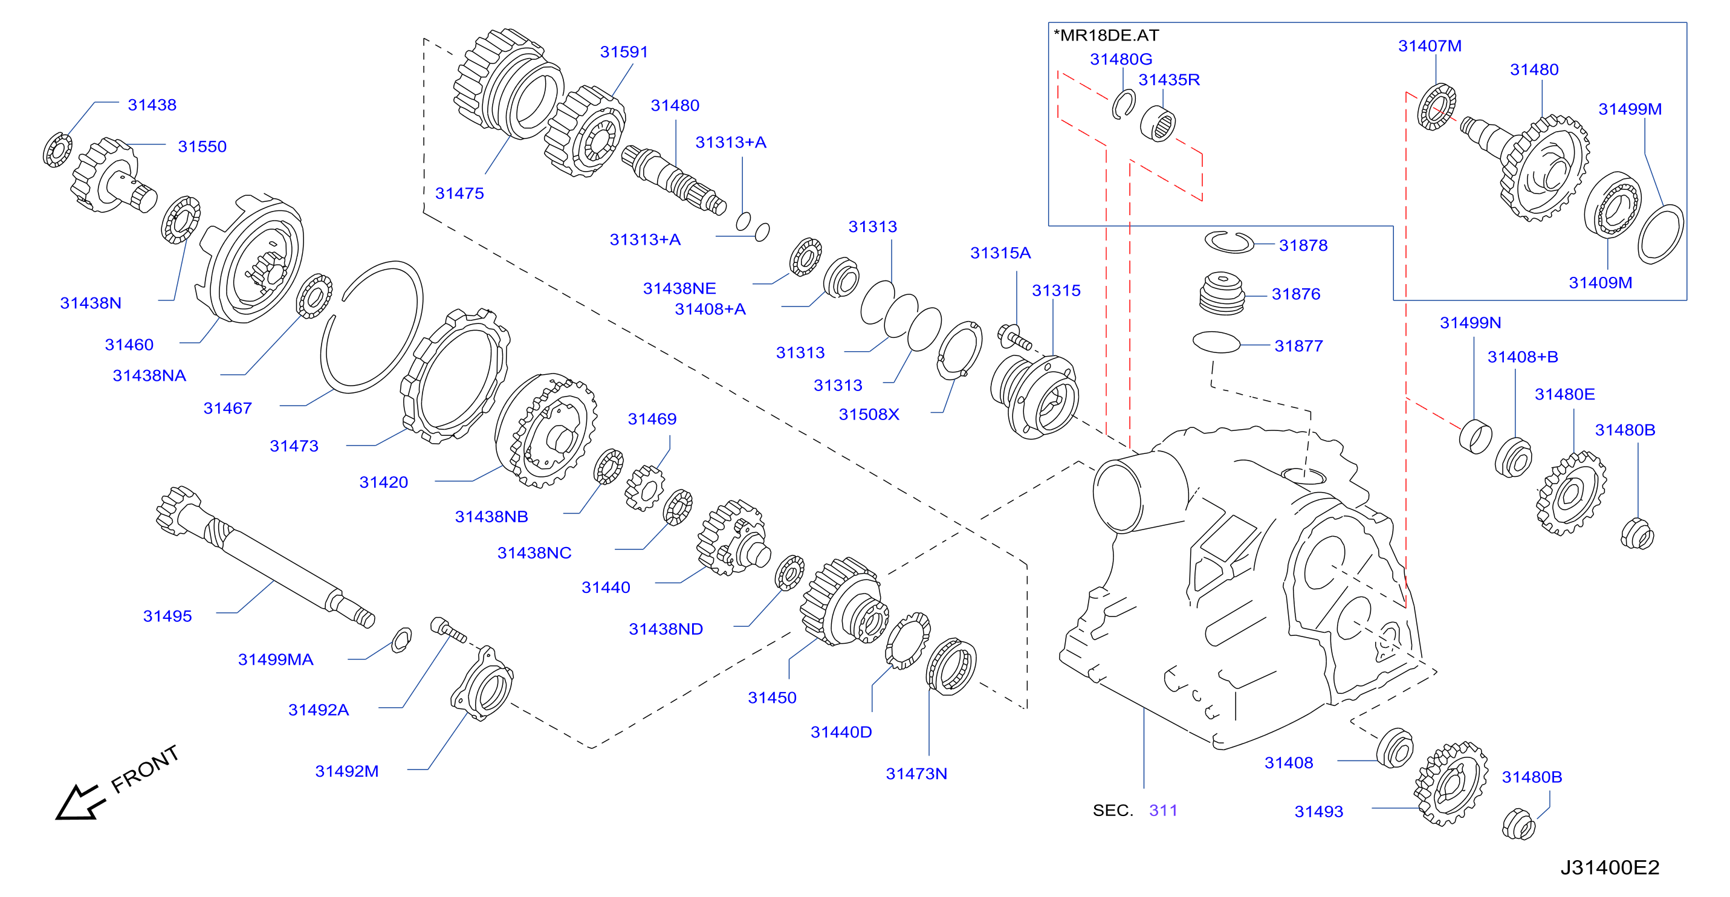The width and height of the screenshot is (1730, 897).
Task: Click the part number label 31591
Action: point(624,52)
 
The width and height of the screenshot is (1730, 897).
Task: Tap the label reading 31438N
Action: point(91,303)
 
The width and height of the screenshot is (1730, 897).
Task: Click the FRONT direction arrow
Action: point(79,801)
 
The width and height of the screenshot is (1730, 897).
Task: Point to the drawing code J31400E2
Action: point(1610,867)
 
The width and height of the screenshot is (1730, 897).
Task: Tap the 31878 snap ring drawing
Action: point(1229,242)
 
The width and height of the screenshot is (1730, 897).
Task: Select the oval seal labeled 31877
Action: point(1216,342)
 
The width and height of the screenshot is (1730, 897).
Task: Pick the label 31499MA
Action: point(276,659)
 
